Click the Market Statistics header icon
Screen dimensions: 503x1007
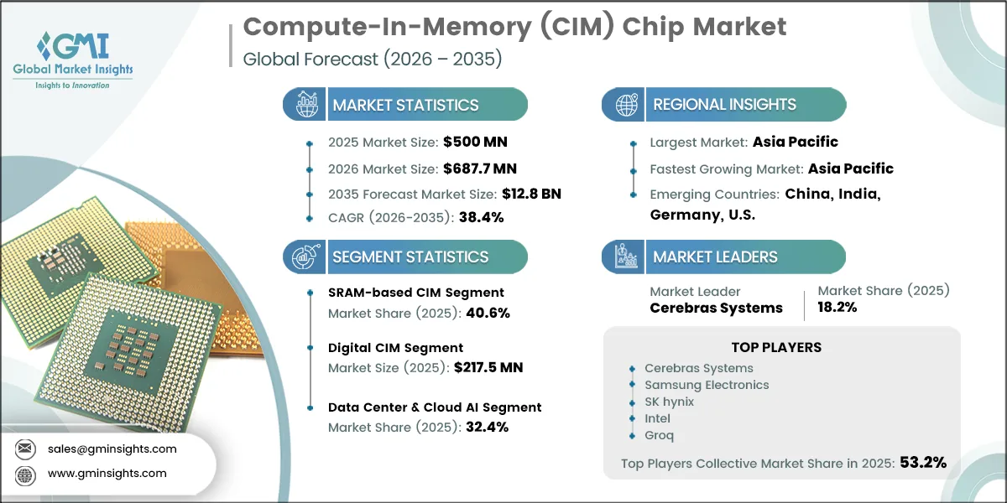305,105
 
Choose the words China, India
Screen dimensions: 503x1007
832,194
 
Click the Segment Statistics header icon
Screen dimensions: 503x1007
305,257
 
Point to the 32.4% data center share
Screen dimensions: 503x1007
486,426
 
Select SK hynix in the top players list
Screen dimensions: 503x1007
669,402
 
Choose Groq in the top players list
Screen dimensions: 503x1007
659,435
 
